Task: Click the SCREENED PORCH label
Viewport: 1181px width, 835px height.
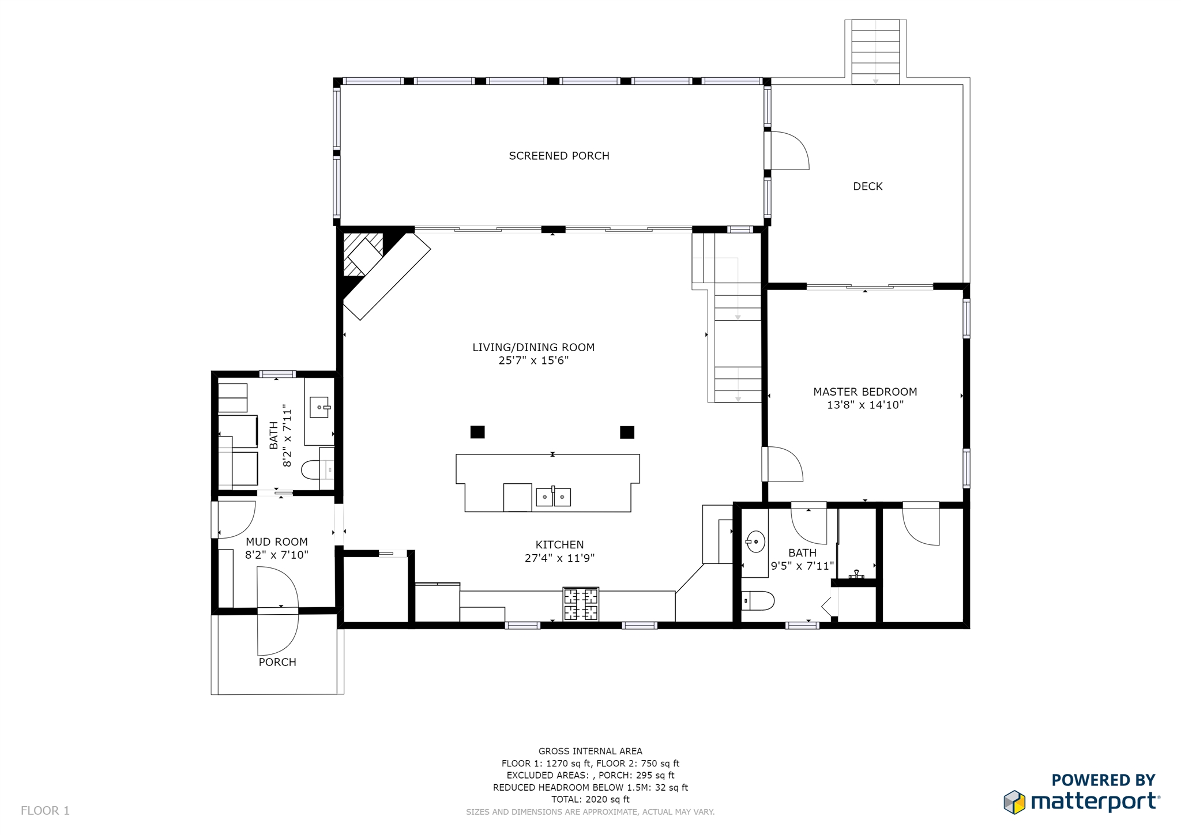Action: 559,156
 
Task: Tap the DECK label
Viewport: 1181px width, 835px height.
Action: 867,186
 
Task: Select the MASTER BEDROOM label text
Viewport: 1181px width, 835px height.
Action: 865,392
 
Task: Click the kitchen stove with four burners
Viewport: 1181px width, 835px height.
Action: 581,604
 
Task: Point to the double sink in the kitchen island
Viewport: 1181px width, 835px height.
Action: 553,497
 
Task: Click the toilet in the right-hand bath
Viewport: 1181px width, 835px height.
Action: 757,601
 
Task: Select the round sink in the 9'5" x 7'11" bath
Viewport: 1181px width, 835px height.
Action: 755,542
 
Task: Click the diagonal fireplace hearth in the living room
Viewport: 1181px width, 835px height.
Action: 387,276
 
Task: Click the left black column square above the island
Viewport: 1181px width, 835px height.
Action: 477,432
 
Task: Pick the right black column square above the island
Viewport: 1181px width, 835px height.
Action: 627,432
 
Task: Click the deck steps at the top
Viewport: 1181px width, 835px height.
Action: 875,52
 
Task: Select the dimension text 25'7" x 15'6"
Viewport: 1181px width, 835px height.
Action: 533,360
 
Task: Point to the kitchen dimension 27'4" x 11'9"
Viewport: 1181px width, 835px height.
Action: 559,558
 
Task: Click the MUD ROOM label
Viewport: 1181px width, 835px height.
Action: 277,541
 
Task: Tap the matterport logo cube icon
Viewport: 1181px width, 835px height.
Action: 1014,802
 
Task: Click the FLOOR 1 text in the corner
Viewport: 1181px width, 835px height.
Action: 45,811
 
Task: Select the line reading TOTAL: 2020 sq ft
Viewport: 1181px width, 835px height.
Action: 590,799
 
